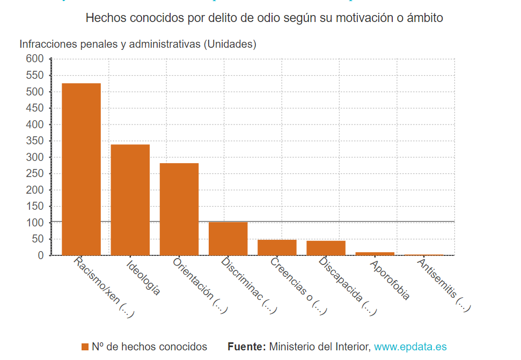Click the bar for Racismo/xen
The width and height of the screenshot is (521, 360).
(x=81, y=169)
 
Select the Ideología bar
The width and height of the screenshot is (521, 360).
(x=130, y=200)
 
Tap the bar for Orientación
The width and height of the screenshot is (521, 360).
(x=179, y=209)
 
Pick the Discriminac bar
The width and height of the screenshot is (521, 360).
(x=228, y=238)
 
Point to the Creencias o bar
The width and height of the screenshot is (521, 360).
(x=277, y=247)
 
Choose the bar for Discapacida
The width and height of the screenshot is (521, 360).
(x=326, y=248)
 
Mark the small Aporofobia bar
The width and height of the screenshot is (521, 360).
(x=375, y=253)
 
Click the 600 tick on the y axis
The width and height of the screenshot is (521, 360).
(x=34, y=59)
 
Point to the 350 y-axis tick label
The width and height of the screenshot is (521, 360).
(x=34, y=141)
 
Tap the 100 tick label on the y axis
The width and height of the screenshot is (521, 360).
(x=34, y=223)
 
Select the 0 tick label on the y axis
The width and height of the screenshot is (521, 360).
(x=40, y=256)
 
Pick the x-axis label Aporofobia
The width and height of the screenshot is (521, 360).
(x=390, y=279)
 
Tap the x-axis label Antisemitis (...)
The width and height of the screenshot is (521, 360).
(x=444, y=285)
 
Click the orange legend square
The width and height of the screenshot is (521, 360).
(x=85, y=347)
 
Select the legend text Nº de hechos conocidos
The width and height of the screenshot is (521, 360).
(x=149, y=347)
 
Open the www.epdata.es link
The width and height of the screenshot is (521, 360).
(x=410, y=347)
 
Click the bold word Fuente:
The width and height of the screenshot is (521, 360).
(x=246, y=347)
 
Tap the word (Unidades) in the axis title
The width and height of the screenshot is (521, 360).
(x=230, y=45)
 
